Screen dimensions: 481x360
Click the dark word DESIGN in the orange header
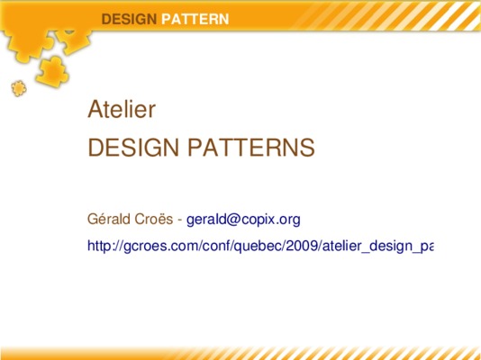129,19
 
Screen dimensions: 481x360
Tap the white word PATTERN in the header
195,19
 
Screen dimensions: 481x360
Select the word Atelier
122,109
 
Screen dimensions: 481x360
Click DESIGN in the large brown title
133,148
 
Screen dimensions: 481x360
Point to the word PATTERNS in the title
251,148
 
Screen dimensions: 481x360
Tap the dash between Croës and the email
180,220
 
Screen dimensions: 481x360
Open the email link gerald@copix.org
243,220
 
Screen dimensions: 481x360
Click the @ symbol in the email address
234,220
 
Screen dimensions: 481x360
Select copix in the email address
257,220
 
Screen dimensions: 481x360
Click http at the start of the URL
99,246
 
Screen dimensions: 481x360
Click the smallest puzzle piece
19,88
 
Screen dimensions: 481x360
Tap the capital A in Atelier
95,109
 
